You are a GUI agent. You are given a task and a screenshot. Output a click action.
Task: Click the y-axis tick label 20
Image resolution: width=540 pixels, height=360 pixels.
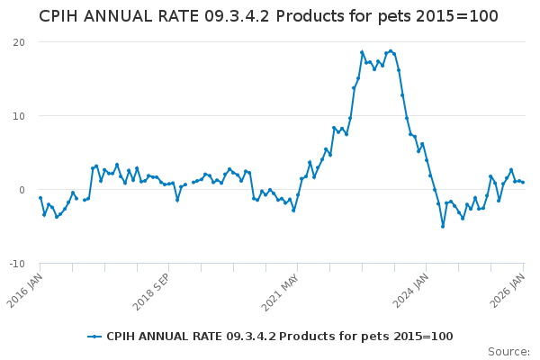[x=19, y=42]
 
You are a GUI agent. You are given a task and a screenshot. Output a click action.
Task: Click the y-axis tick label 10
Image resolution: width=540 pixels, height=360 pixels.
[x=19, y=116]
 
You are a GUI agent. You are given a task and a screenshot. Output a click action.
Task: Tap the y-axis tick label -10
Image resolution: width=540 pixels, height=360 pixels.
[x=17, y=264]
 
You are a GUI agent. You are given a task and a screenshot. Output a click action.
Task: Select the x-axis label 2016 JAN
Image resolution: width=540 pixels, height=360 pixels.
[x=28, y=288]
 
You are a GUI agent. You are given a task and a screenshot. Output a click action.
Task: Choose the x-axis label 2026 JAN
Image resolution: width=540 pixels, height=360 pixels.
[x=512, y=288]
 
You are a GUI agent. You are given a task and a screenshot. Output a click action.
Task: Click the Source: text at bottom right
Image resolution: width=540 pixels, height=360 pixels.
[x=509, y=351]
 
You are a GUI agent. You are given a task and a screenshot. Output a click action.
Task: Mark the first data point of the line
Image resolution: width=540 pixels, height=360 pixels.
[x=40, y=197]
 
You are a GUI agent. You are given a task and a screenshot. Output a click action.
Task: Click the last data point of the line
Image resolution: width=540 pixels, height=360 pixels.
[x=524, y=183]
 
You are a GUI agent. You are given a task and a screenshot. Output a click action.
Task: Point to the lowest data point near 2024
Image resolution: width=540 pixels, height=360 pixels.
[x=443, y=226]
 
